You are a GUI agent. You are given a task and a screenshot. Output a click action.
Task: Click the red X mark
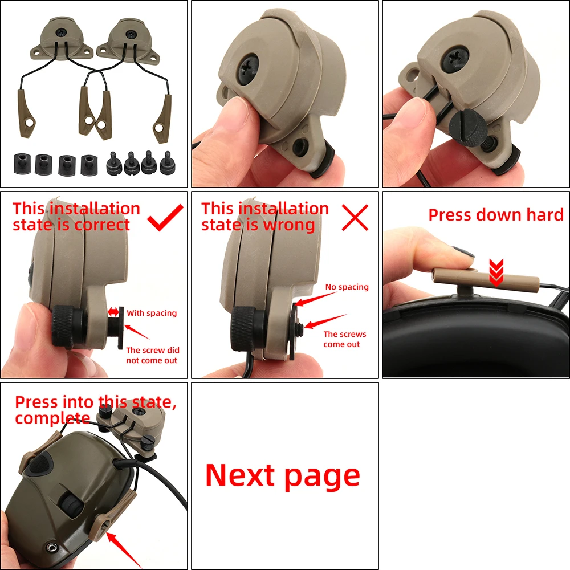click(x=355, y=217)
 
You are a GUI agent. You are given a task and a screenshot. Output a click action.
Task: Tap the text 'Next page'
click(x=283, y=476)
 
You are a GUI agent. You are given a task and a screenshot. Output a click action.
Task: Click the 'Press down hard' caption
click(x=496, y=215)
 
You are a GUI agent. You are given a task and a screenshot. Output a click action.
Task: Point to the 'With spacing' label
click(x=152, y=313)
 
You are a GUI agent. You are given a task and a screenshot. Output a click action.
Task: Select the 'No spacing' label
click(x=347, y=287)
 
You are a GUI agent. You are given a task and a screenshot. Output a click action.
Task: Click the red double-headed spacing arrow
click(x=113, y=312)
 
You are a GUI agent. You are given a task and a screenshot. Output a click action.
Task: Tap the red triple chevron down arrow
click(x=496, y=272)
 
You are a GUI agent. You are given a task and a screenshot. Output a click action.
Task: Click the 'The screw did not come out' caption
click(x=153, y=355)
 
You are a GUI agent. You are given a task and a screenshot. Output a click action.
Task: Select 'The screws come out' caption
click(x=345, y=339)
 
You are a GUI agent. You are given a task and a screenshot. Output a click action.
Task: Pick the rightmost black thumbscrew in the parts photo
click(x=168, y=162)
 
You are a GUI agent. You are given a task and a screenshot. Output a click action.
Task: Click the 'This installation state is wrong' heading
click(x=265, y=217)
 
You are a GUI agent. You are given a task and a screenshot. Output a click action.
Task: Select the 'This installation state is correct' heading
click(x=76, y=217)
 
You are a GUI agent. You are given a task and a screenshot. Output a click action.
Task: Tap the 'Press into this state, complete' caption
click(x=96, y=410)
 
